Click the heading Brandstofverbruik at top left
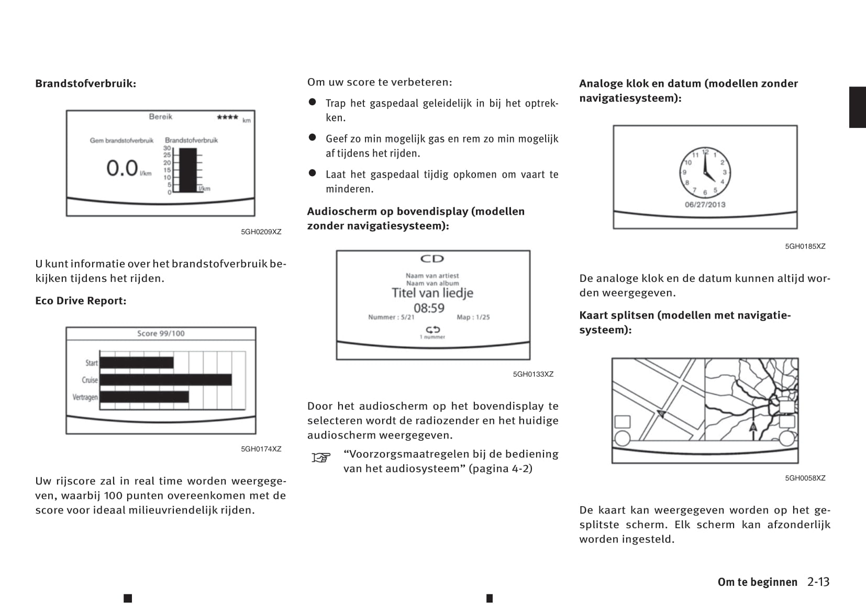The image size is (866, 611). click(85, 84)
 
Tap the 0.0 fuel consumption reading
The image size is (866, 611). click(122, 168)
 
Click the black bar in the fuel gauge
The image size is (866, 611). click(188, 170)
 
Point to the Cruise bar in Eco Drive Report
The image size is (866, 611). click(165, 380)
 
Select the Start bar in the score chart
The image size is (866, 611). click(137, 363)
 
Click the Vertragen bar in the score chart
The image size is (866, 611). click(144, 397)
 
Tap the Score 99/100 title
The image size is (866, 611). click(161, 333)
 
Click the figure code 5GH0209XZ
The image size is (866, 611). click(261, 232)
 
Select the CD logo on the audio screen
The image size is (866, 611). click(432, 259)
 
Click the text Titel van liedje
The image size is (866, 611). click(432, 293)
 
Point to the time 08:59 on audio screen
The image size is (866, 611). click(429, 308)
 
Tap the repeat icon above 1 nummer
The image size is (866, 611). click(432, 330)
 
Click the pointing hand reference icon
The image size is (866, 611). click(321, 457)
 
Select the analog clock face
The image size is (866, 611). click(705, 172)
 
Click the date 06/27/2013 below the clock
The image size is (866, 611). click(705, 205)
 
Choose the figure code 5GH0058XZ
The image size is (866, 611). click(805, 478)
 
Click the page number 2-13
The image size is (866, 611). click(818, 582)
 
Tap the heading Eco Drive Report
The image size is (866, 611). click(81, 301)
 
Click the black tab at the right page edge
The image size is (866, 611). click(857, 107)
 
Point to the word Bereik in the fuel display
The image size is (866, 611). click(160, 117)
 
